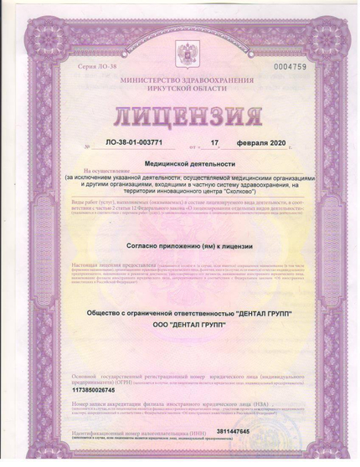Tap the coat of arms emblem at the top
pos(180,54)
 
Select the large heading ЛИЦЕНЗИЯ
pos(180,114)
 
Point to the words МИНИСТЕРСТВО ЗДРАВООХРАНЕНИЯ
pos(180,79)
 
